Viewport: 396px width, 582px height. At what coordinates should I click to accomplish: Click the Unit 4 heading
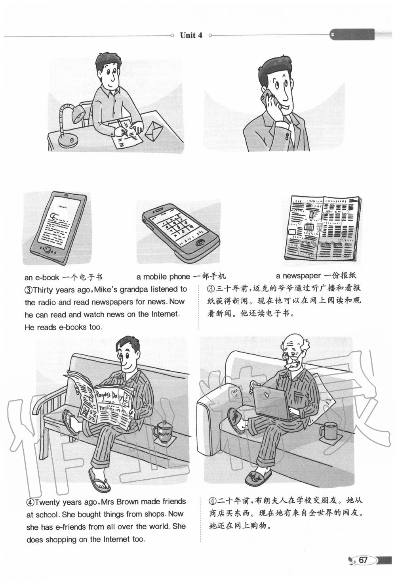pyautogui.click(x=191, y=35)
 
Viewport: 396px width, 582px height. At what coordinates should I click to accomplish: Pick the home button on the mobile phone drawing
pyautogui.click(x=200, y=243)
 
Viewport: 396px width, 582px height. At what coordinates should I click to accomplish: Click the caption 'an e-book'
pyautogui.click(x=42, y=278)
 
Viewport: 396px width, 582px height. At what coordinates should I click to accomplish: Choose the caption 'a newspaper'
pyautogui.click(x=299, y=276)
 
